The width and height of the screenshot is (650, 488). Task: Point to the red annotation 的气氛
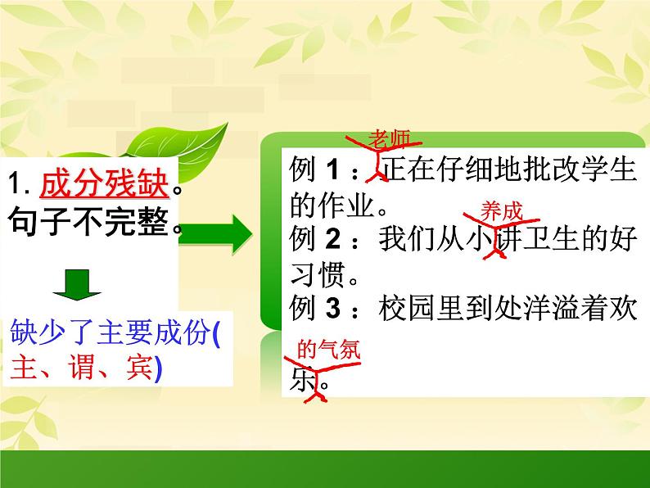pos(327,350)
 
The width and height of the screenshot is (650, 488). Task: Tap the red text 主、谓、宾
pos(82,369)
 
